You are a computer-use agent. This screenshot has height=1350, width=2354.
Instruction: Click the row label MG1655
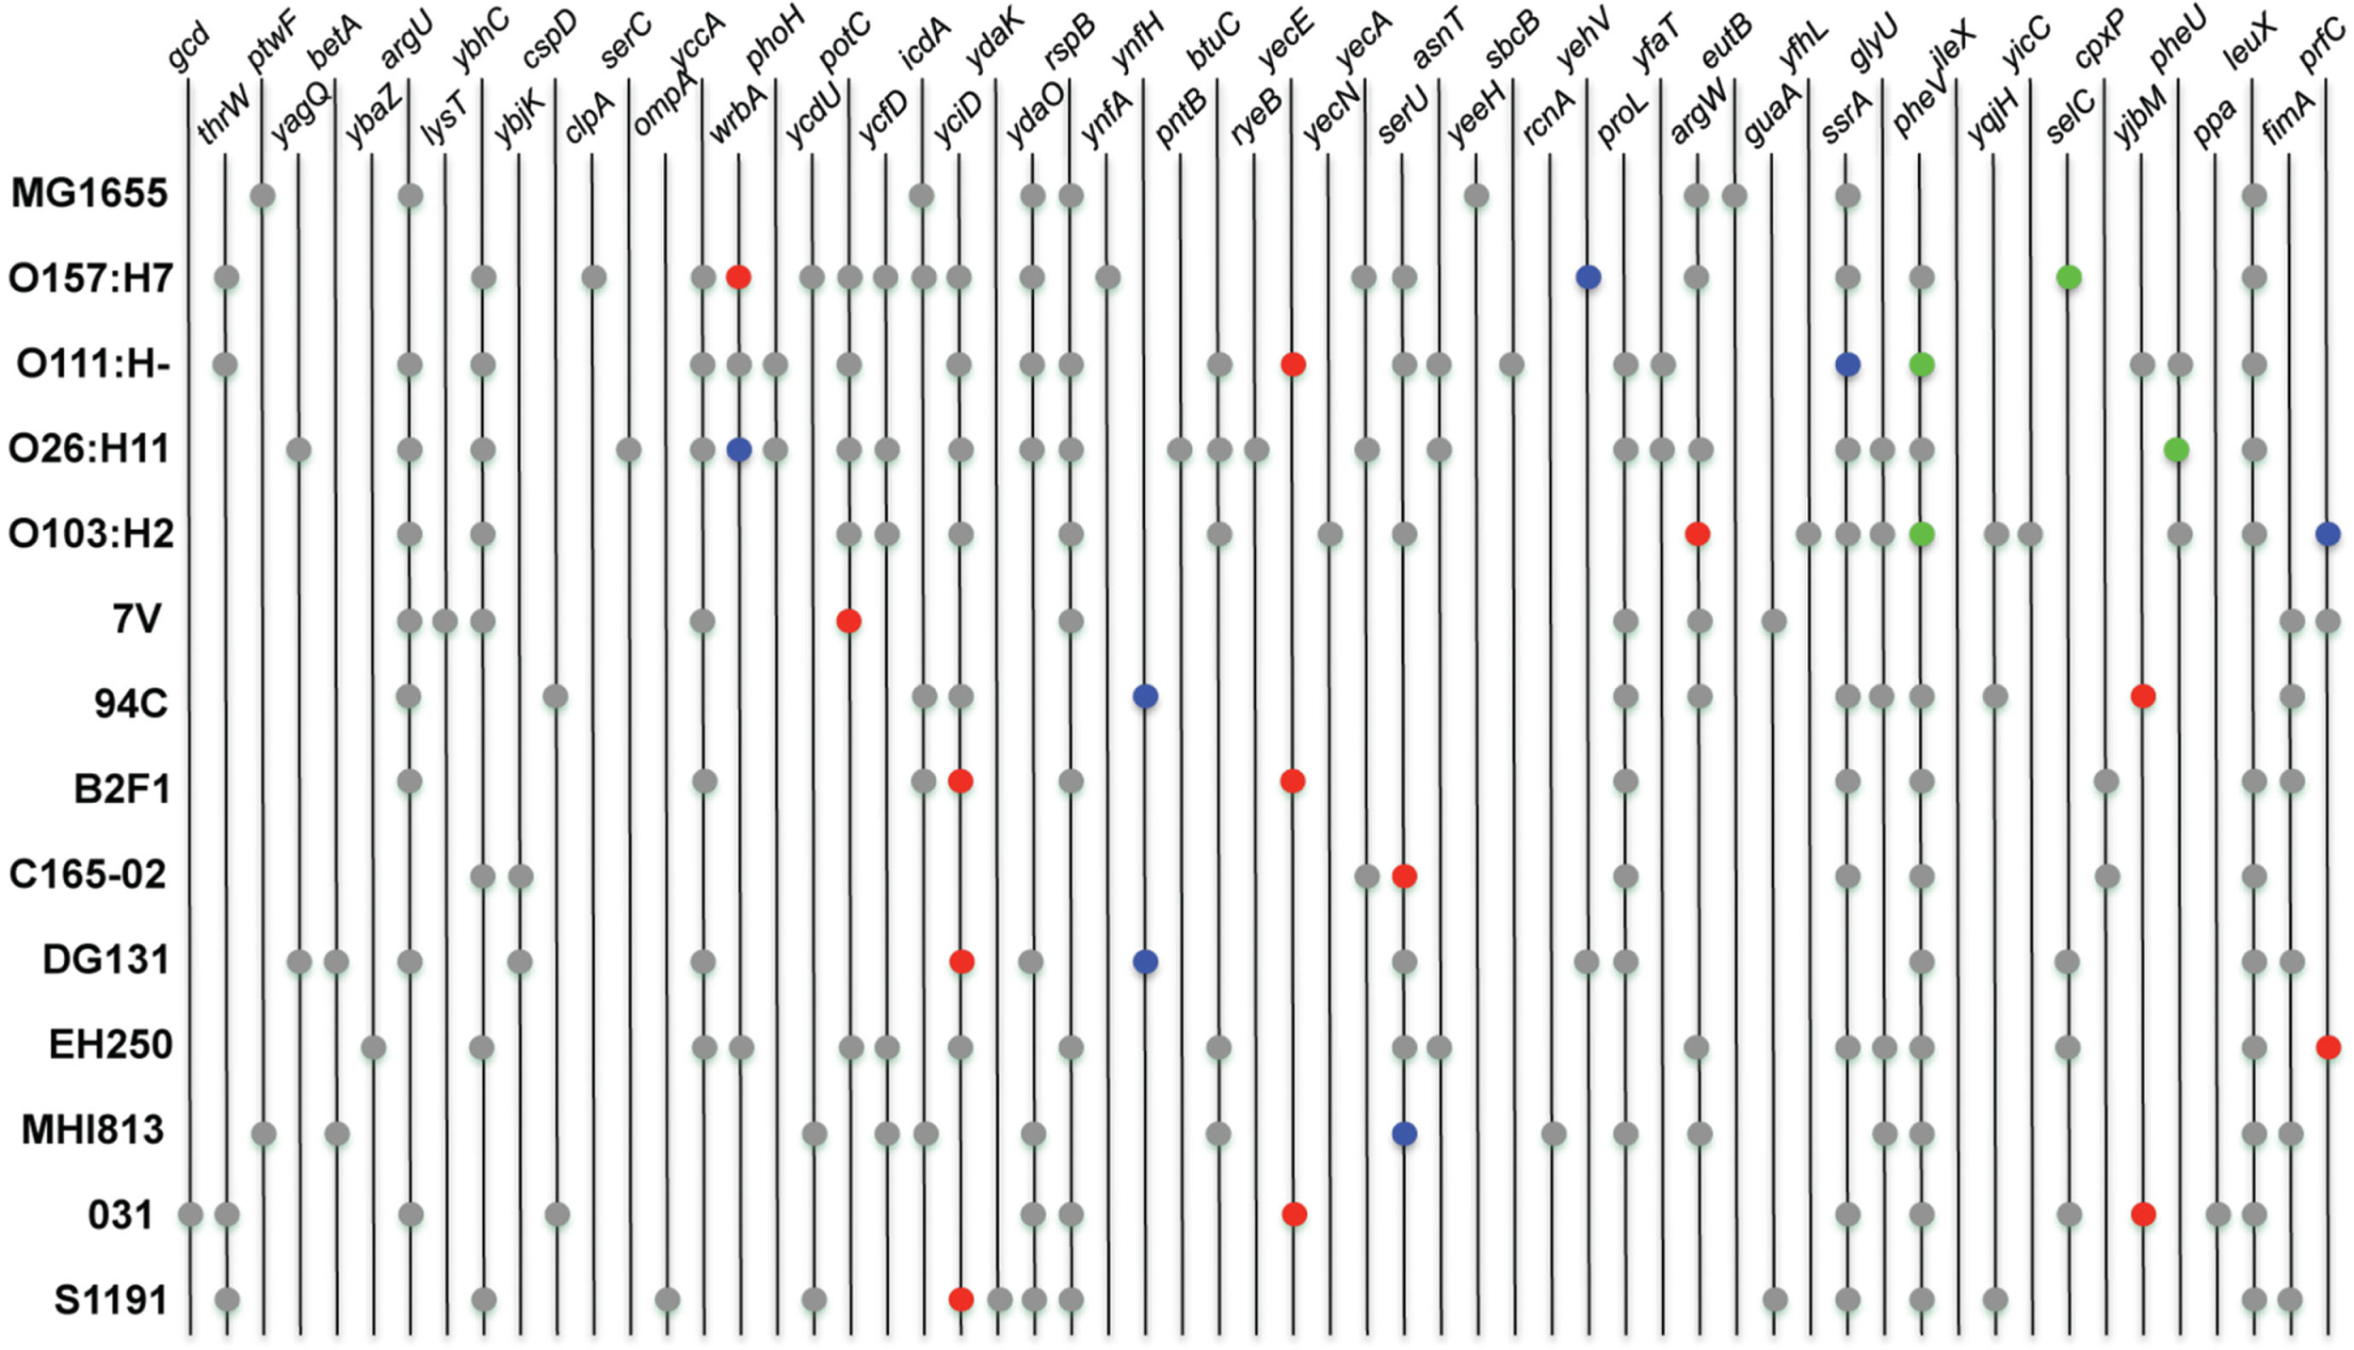point(89,194)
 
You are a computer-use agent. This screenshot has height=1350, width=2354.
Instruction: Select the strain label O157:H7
point(90,279)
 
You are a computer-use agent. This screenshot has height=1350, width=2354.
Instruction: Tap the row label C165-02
point(88,875)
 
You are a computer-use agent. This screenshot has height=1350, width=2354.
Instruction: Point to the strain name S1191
point(111,1300)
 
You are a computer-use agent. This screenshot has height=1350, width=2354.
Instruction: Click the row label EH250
point(111,1045)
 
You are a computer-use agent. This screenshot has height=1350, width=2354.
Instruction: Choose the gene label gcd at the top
point(188,49)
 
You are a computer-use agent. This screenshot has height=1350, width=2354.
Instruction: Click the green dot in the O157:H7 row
point(2069,278)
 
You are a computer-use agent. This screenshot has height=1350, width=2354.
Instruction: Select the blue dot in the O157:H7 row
point(1588,278)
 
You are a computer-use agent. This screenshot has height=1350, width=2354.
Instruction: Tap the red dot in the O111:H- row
point(1294,364)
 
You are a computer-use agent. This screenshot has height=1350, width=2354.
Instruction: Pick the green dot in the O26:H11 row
point(2176,450)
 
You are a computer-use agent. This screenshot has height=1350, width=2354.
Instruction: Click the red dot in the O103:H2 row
point(1698,535)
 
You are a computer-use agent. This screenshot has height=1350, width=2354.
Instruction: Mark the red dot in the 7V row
point(848,621)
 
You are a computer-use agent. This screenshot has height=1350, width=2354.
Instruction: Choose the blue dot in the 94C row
point(1145,697)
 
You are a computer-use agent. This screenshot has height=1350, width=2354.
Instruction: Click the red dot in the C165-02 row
point(1404,876)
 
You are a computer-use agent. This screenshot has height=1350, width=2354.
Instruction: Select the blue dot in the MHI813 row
point(1404,1133)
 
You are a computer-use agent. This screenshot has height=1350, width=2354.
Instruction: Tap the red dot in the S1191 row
point(961,1300)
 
